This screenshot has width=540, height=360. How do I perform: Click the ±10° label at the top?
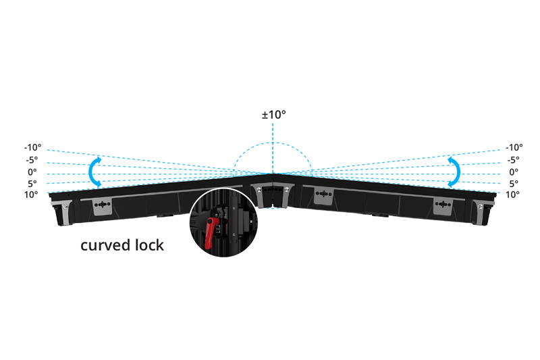click(x=274, y=114)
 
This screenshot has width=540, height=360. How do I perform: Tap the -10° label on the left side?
click(x=32, y=147)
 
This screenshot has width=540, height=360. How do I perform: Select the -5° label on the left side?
click(x=32, y=160)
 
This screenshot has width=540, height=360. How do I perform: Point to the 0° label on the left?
click(x=32, y=172)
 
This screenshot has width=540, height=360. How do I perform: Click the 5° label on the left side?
click(x=32, y=183)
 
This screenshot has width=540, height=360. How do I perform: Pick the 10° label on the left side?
click(x=31, y=195)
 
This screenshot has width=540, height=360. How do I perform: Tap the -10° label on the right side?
click(x=514, y=147)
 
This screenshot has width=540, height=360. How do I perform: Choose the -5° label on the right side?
click(x=514, y=160)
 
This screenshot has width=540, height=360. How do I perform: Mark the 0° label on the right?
click(x=514, y=172)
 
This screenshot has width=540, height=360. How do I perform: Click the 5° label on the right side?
click(x=514, y=183)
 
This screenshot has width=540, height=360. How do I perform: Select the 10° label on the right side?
click(x=512, y=195)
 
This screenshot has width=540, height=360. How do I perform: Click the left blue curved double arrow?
click(x=94, y=172)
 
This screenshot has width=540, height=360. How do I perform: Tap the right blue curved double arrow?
click(x=454, y=172)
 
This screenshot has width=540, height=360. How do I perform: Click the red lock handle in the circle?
click(x=210, y=233)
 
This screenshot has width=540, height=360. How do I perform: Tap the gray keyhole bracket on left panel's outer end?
click(x=103, y=207)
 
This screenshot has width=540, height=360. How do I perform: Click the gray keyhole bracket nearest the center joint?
click(x=324, y=196)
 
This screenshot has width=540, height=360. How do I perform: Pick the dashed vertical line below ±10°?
click(x=273, y=147)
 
